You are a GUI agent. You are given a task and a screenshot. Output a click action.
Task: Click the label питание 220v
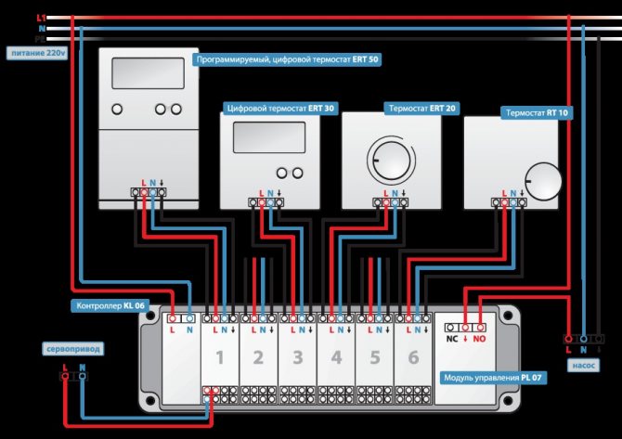pos(36,53)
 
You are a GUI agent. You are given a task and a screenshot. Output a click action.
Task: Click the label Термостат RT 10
pos(538,111)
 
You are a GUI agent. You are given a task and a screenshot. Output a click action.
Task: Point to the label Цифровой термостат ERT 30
pos(280,108)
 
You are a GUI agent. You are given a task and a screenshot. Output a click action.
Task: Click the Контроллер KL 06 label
pos(110,304)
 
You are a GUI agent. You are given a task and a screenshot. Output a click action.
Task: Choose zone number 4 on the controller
pos(335,357)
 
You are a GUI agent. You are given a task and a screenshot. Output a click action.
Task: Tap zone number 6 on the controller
pos(412,357)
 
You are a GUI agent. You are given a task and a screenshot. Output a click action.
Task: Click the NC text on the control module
pos(452,341)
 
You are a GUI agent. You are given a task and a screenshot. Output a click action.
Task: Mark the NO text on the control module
pos(480,341)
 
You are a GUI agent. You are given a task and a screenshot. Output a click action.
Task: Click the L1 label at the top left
pos(40,18)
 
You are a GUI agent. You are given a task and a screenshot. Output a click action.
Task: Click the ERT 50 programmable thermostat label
pos(287,58)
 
